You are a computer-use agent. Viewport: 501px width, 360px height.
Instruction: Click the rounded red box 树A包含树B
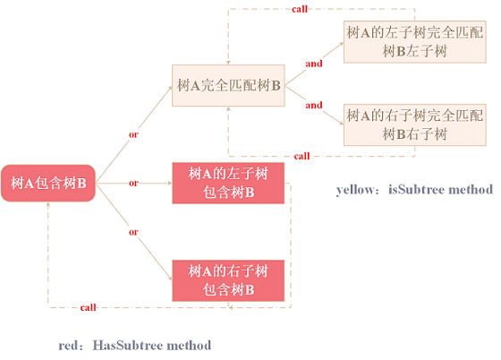click(x=48, y=184)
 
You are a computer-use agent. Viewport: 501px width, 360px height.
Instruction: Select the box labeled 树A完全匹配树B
click(x=228, y=85)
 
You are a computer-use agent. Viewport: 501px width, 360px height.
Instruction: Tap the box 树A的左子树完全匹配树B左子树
click(x=415, y=42)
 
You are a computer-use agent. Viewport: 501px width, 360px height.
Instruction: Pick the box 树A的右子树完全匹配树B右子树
click(x=415, y=124)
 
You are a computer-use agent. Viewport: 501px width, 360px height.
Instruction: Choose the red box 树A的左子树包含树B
click(x=228, y=184)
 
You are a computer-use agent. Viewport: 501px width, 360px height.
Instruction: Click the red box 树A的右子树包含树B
click(x=228, y=280)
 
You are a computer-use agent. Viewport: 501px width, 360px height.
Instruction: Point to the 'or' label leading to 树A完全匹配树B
click(x=133, y=134)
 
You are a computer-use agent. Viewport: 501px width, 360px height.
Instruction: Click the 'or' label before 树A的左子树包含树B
click(x=133, y=184)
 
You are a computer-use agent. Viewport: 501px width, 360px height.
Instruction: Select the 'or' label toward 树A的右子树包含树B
click(x=133, y=232)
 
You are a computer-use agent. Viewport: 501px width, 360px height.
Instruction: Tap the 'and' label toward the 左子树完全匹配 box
click(x=314, y=64)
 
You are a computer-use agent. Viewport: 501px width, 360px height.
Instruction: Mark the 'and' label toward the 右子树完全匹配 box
click(x=314, y=105)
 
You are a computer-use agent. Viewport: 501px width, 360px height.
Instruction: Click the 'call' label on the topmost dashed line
click(x=300, y=9)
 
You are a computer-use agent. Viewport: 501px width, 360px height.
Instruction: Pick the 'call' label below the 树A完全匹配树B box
click(x=302, y=156)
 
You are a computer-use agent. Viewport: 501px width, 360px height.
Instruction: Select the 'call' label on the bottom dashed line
click(x=89, y=307)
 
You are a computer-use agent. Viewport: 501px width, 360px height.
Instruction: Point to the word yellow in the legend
click(x=355, y=190)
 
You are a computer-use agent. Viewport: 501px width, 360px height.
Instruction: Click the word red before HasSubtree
click(x=68, y=346)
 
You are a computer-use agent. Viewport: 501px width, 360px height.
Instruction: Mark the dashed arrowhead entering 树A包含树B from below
click(x=48, y=204)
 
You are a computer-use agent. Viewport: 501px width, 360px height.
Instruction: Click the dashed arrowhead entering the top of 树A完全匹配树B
click(x=228, y=63)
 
